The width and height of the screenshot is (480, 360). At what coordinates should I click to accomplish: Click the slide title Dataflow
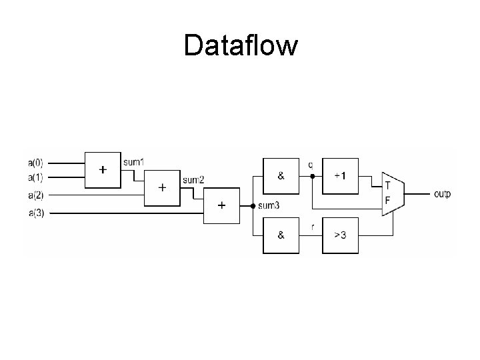click(240, 47)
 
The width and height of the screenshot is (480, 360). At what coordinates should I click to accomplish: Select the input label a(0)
click(35, 162)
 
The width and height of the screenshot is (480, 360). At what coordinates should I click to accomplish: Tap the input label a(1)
click(35, 177)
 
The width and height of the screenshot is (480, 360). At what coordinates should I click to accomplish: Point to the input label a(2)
click(35, 195)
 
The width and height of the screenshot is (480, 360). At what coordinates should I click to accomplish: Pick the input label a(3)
click(35, 213)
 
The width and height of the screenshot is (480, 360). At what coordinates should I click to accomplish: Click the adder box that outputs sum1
click(103, 169)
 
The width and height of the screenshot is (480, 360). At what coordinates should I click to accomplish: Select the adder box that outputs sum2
click(162, 187)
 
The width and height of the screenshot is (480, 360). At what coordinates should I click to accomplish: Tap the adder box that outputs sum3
click(221, 205)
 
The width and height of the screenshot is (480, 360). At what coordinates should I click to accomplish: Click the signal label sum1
click(133, 162)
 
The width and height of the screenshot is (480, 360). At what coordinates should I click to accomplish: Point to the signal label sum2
click(193, 180)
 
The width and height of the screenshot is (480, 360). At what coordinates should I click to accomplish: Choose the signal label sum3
click(269, 205)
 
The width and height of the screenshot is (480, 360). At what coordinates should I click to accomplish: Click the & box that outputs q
click(281, 176)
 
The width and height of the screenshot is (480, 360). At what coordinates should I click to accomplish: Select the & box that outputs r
click(281, 235)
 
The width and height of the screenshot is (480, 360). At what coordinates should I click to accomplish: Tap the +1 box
click(340, 176)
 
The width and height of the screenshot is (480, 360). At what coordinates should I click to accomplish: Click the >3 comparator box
click(340, 235)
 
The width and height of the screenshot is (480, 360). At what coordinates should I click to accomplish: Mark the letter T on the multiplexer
click(388, 185)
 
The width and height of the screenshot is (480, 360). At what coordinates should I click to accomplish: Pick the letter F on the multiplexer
click(388, 200)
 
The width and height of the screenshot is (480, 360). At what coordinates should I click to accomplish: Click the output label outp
click(442, 194)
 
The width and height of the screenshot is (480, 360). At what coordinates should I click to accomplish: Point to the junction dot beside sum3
click(253, 205)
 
